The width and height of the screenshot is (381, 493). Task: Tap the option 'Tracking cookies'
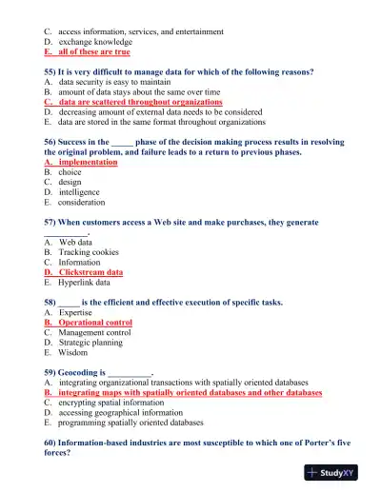pos(90,252)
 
